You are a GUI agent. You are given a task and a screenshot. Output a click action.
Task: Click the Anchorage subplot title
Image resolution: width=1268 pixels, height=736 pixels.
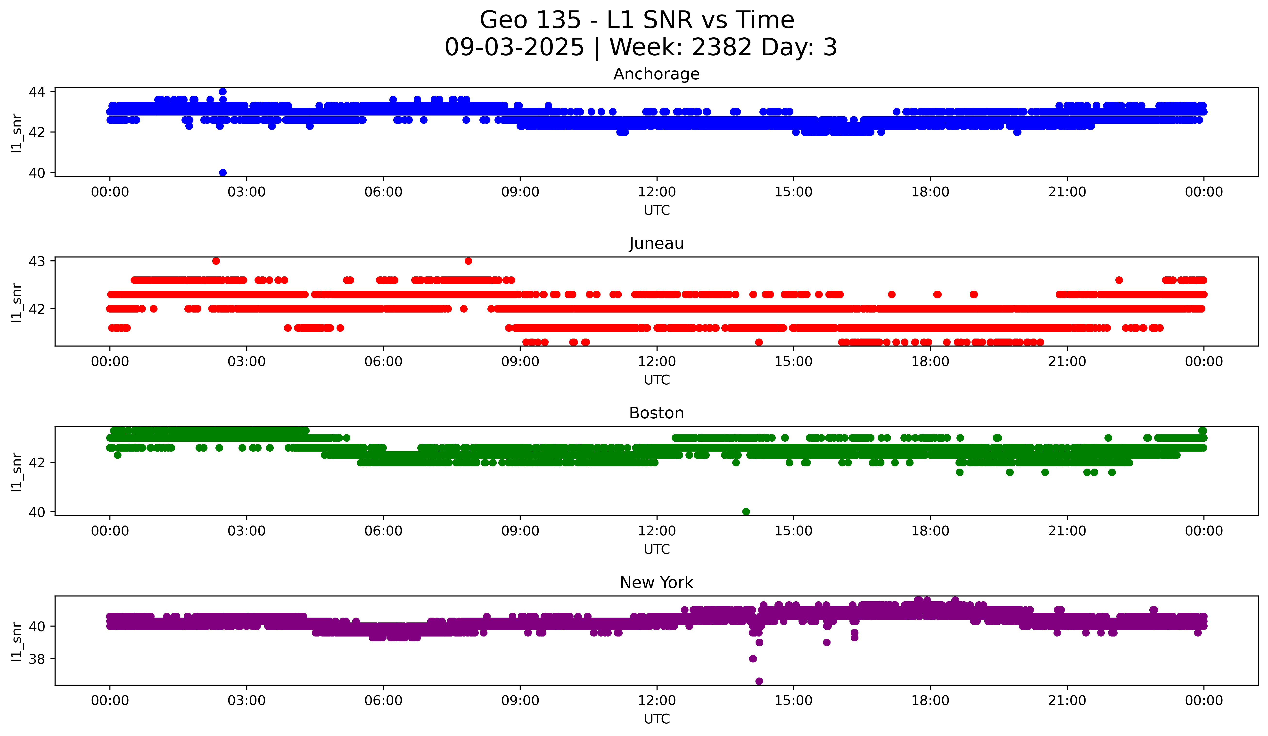click(x=656, y=74)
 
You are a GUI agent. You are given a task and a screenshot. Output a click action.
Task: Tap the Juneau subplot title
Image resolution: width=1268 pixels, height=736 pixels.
click(x=656, y=243)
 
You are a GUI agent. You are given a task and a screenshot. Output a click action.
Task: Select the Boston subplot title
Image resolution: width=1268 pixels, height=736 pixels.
click(x=656, y=413)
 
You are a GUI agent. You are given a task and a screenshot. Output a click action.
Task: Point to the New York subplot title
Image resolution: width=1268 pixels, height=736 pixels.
click(x=656, y=583)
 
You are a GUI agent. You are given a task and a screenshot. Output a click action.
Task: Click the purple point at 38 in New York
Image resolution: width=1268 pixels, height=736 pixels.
click(x=753, y=659)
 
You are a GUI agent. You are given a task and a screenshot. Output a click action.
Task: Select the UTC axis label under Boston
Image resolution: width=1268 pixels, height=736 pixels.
click(x=657, y=549)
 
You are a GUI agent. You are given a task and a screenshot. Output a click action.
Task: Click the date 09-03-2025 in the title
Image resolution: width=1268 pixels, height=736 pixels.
click(x=514, y=47)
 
